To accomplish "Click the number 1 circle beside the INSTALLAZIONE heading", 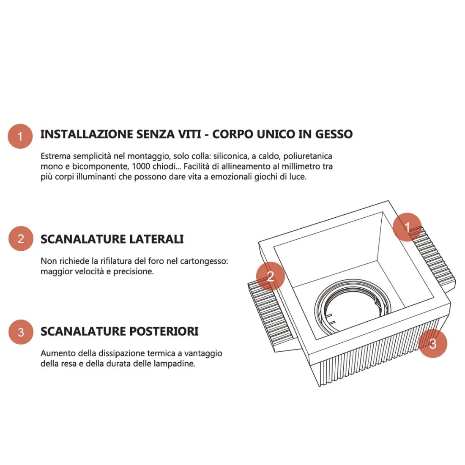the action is (20, 136).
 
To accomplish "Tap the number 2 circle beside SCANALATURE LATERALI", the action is (21, 238).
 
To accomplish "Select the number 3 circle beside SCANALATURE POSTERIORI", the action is (21, 332).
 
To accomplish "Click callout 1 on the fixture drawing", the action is (407, 227).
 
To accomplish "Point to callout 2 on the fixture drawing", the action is (270, 276).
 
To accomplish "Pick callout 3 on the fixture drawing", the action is (433, 343).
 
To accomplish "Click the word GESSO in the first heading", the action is (334, 134).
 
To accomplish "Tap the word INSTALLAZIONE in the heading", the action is (87, 134).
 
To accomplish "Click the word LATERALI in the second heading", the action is (156, 239).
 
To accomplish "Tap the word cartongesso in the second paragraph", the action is (204, 262).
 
